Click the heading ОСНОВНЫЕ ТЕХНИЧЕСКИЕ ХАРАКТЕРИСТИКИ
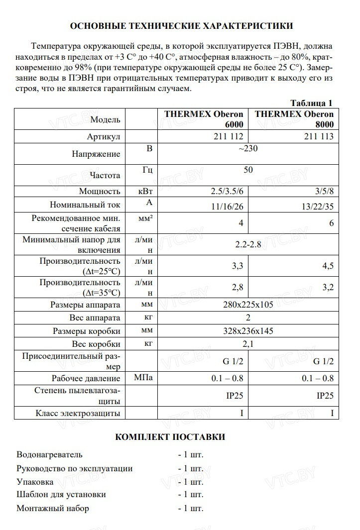coord(181,26)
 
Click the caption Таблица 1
coord(311,104)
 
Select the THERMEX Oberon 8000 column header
coord(294,119)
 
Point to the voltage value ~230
coord(248,148)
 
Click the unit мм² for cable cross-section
coord(145,218)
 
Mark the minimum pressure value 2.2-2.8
coord(248,245)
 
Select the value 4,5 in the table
coord(328,266)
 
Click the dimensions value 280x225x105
coord(248,305)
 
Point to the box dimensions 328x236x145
coord(248,331)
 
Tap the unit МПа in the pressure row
coord(143,378)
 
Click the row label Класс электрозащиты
coord(78,413)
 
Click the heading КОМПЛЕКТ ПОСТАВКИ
coord(170,437)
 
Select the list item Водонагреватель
coord(49,454)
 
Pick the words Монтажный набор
coord(53,509)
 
